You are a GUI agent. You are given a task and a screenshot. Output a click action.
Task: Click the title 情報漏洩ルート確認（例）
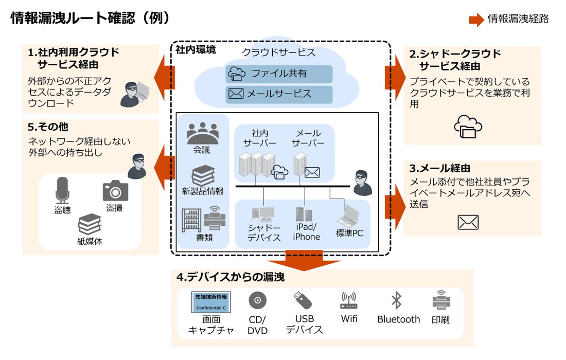coord(90,18)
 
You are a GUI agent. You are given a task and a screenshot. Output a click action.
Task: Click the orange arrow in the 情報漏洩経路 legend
coord(476,20)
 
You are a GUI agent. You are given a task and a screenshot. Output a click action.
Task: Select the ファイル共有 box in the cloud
coord(279,74)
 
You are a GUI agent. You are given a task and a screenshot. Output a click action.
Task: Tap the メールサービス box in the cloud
coord(279,94)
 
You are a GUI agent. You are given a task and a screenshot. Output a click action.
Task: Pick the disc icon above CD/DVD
coord(257,300)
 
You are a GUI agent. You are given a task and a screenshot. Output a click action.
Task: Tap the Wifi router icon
coord(349,300)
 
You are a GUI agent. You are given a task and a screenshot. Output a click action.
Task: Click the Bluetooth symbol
coord(396,300)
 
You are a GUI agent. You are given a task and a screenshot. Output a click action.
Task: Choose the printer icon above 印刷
coord(441,300)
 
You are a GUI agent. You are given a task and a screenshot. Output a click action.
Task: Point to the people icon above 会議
coord(202,134)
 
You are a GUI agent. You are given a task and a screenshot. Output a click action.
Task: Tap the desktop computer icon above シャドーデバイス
coord(263,215)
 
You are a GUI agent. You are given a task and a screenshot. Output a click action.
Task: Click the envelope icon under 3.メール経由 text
coord(468,222)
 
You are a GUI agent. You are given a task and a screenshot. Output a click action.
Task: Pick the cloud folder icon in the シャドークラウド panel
coord(468,127)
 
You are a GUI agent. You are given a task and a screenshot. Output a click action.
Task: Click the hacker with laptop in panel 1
coord(134,94)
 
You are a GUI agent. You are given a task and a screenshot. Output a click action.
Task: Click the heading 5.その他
coord(48,127)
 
